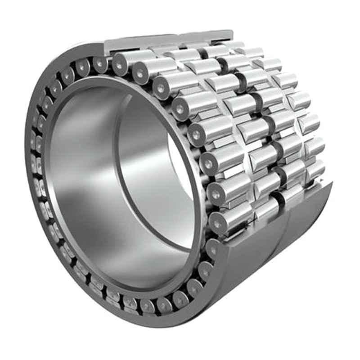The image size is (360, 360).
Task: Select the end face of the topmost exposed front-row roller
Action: click(119, 66)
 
